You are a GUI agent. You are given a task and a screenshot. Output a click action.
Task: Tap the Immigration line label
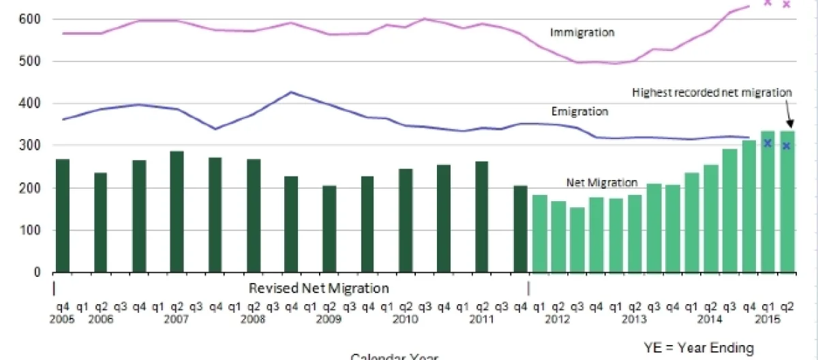[x=582, y=32]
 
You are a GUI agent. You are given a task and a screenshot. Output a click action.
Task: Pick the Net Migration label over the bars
[x=602, y=183]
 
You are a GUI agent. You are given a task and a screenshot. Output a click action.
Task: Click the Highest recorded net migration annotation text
[x=712, y=92]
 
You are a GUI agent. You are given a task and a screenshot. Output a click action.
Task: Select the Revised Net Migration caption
[x=319, y=288]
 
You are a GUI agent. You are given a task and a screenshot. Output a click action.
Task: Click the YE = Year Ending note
[x=699, y=348]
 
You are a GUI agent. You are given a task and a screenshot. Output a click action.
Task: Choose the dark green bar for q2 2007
[x=177, y=211]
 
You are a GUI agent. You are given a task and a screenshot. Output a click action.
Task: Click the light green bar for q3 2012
[x=577, y=239]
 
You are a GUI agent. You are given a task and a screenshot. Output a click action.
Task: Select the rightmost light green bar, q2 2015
[x=787, y=201]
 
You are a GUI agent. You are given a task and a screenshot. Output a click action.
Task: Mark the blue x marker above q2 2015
[x=787, y=146]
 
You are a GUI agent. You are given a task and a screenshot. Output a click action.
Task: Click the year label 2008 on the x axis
[x=254, y=318]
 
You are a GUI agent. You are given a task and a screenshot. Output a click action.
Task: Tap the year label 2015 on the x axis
[x=768, y=318]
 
